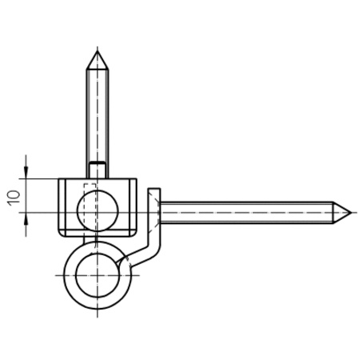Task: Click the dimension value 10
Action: pyautogui.click(x=14, y=198)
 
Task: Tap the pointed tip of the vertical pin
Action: pyautogui.click(x=97, y=50)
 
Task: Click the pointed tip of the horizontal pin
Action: pyautogui.click(x=352, y=213)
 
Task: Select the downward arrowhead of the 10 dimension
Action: pyautogui.click(x=26, y=172)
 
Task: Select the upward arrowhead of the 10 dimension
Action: pyautogui.click(x=26, y=218)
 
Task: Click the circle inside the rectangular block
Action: pyautogui.click(x=97, y=210)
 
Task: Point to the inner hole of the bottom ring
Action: pyautogui.click(x=97, y=275)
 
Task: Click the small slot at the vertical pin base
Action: pyautogui.click(x=97, y=170)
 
